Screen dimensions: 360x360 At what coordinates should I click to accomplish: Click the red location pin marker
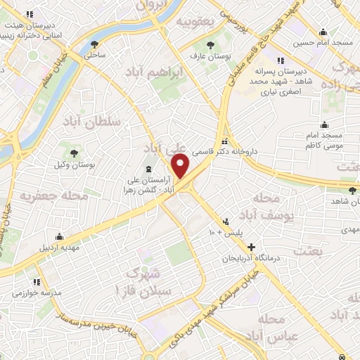coord(181,166)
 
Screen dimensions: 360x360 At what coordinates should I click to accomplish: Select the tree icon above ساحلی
coord(94,44)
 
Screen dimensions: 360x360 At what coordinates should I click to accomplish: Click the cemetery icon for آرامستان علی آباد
coord(148,169)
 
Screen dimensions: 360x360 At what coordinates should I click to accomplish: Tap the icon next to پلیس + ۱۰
coord(226,220)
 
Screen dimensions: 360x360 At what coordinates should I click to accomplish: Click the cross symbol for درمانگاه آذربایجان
coord(252,247)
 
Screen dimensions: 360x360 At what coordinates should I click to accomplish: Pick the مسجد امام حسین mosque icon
coord(323,32)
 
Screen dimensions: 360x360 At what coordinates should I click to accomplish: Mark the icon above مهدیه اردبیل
coord(60,236)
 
